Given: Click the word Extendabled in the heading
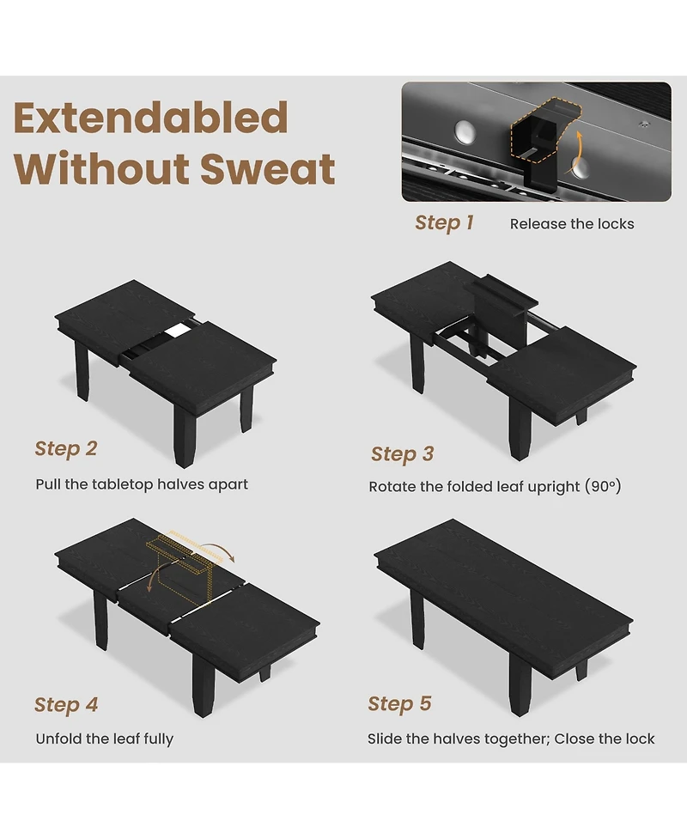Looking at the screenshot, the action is [x=151, y=119].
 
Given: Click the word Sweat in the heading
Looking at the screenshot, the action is [x=268, y=168].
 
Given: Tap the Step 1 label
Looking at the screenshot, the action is [x=444, y=222].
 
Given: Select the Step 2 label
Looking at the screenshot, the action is [x=66, y=449].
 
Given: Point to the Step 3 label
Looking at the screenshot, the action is [x=403, y=454].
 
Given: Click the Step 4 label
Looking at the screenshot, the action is [x=66, y=705].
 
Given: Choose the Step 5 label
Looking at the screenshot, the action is [x=399, y=703].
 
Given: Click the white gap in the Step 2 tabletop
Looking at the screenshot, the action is [x=178, y=331].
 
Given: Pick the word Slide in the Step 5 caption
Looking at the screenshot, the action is [x=384, y=739].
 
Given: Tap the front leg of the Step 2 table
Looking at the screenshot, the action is [x=185, y=436].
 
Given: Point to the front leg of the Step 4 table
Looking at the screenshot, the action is [x=204, y=686].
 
